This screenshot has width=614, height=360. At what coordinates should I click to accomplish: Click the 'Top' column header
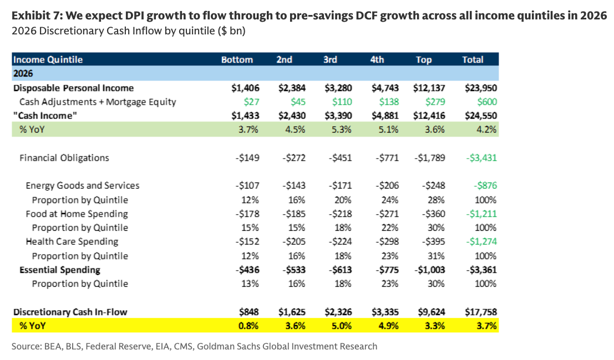click(424, 59)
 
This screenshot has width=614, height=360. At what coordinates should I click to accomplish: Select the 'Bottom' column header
click(237, 59)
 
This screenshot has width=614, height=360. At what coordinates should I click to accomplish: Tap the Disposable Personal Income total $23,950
click(481, 88)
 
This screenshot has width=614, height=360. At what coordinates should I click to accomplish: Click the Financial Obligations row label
click(64, 158)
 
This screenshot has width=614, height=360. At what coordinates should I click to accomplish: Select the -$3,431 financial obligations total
click(481, 158)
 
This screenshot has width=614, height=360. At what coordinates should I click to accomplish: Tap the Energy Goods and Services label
click(83, 185)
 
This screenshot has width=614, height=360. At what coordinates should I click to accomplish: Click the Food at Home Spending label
click(77, 214)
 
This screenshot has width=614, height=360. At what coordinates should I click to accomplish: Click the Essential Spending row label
click(60, 270)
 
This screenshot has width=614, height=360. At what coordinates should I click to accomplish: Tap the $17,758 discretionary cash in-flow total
click(481, 312)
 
